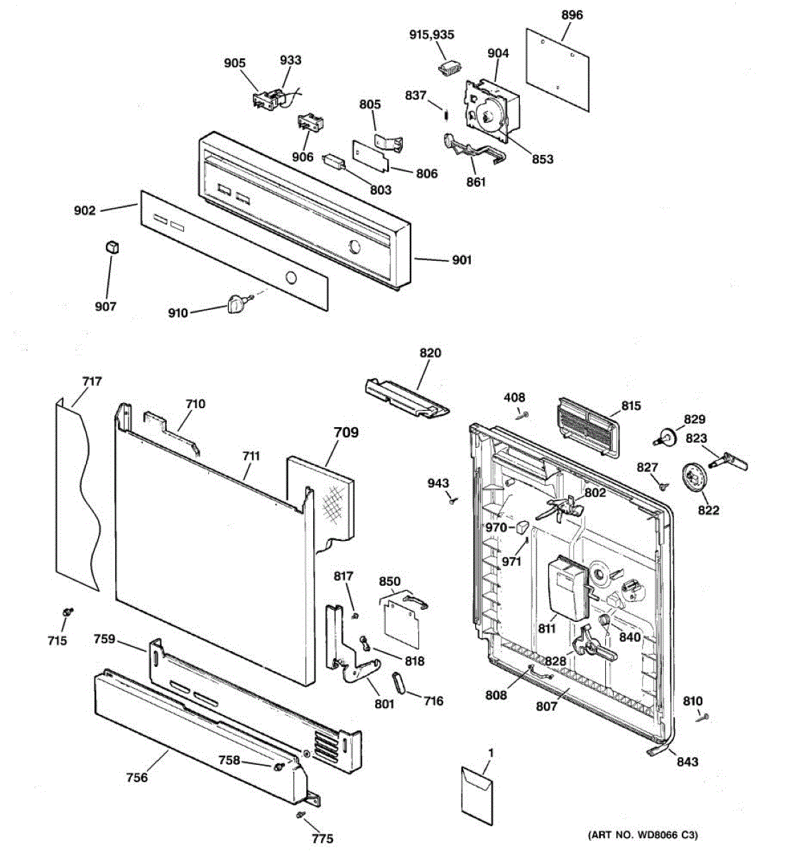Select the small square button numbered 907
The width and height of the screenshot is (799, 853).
click(x=110, y=246)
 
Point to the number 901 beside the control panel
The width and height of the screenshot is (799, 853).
click(x=462, y=260)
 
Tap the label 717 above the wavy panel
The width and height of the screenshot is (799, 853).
click(x=92, y=381)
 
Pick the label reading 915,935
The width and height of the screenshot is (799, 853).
click(x=432, y=35)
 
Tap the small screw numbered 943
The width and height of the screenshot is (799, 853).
click(x=451, y=502)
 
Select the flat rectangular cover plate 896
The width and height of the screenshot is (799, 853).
click(x=558, y=69)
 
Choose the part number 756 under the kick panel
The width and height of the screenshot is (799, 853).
click(x=136, y=777)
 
